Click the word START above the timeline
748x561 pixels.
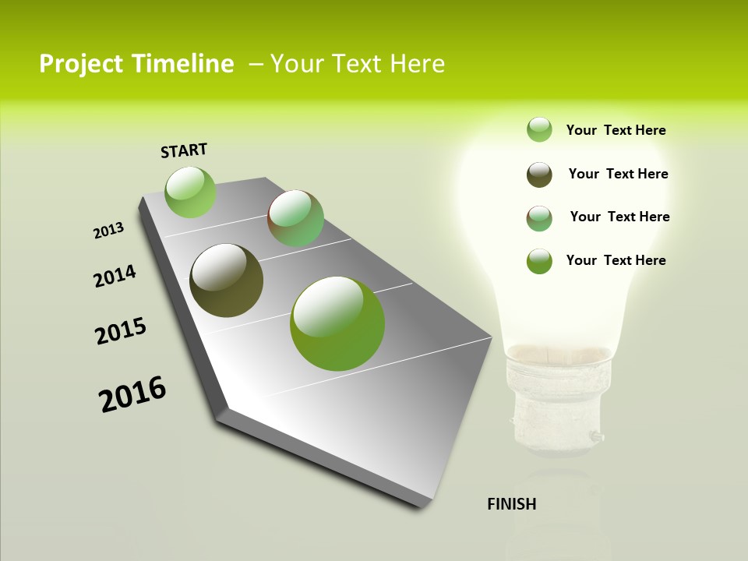(x=184, y=150)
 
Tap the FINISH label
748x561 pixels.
(x=512, y=504)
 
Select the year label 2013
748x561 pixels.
(x=108, y=231)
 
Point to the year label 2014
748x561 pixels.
(x=115, y=276)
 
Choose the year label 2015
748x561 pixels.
(x=121, y=331)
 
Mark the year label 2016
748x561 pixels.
(x=132, y=394)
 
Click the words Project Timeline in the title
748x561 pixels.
(x=136, y=64)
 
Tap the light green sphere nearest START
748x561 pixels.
(x=191, y=192)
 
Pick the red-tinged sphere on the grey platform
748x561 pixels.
(x=295, y=218)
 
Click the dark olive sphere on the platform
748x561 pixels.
(x=226, y=280)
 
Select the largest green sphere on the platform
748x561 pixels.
(x=337, y=323)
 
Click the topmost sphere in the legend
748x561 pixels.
(x=539, y=129)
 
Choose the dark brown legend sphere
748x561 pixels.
(x=539, y=175)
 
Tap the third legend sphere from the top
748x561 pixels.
(x=539, y=218)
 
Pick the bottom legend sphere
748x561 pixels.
(x=539, y=261)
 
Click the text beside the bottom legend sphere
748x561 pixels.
(x=616, y=260)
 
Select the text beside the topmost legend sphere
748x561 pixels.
(x=616, y=130)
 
